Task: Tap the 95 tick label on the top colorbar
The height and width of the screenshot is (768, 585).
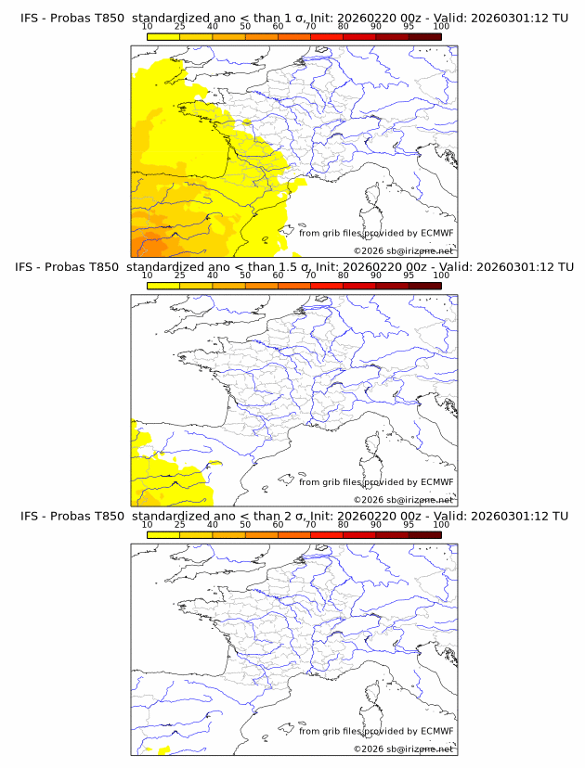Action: coord(409,26)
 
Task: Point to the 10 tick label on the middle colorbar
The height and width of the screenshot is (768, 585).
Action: coord(148,275)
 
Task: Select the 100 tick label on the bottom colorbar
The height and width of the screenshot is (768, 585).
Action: coord(441,525)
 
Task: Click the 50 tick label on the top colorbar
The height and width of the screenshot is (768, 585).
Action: coord(245,26)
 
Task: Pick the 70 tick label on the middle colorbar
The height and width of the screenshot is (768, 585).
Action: coord(310,275)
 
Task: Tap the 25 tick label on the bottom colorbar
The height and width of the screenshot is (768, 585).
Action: coord(180,525)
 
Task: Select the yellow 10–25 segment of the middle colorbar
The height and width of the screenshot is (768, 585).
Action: coord(163,286)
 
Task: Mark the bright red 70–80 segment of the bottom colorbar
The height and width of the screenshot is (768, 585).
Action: coord(326,535)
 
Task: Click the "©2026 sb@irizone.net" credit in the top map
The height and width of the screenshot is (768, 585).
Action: coord(404,250)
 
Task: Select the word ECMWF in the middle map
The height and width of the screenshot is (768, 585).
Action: coord(437,482)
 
